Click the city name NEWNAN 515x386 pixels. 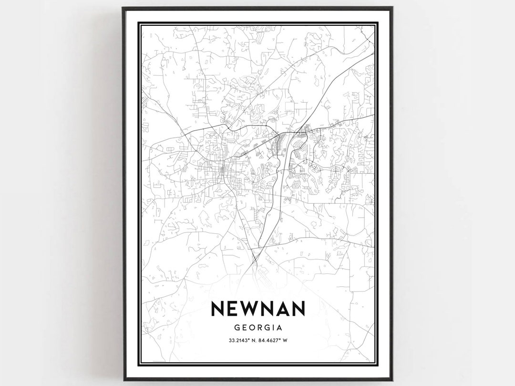[257, 309]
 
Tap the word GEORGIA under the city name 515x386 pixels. [257, 328]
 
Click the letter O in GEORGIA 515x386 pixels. [252, 328]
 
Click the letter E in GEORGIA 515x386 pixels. [244, 328]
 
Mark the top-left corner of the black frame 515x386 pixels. [123, 8]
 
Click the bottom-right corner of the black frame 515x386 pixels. [392, 380]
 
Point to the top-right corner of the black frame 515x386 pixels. [392, 8]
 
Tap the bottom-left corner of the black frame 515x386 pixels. [123, 380]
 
